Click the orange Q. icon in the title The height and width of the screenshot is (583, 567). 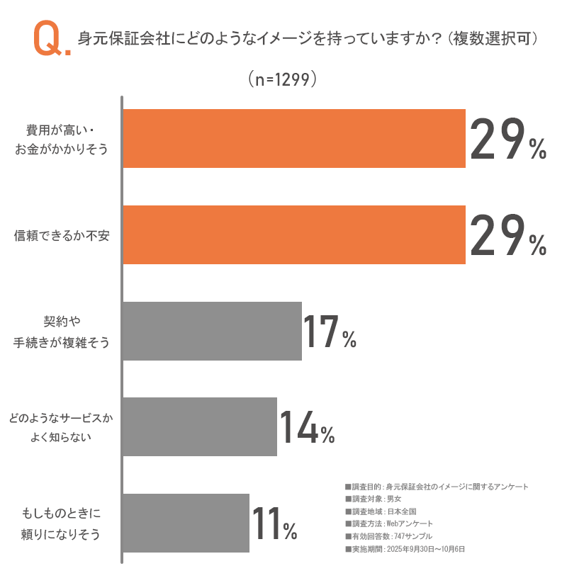(x=51, y=40)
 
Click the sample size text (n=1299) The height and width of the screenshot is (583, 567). (x=282, y=79)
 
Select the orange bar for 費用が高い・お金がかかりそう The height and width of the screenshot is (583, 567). (x=293, y=138)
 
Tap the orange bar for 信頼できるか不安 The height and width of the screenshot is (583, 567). (x=293, y=234)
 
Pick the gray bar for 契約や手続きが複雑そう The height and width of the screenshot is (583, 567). (x=212, y=331)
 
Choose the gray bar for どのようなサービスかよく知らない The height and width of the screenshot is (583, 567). (x=199, y=426)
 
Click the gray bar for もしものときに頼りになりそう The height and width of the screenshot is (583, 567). (x=186, y=523)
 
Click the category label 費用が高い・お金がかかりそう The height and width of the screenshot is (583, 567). (x=62, y=139)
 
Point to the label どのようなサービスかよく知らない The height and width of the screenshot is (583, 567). (x=61, y=427)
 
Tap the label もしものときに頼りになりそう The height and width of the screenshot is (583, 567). (x=61, y=523)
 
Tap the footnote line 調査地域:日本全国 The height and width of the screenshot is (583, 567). (x=385, y=511)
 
